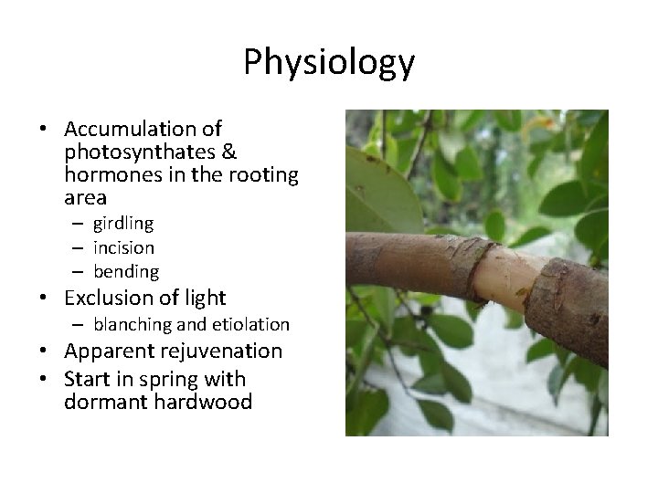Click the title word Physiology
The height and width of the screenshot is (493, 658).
tap(329, 62)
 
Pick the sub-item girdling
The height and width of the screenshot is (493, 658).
tap(123, 223)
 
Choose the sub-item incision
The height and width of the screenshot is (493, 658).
tap(123, 246)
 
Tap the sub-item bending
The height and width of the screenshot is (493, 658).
tap(125, 271)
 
